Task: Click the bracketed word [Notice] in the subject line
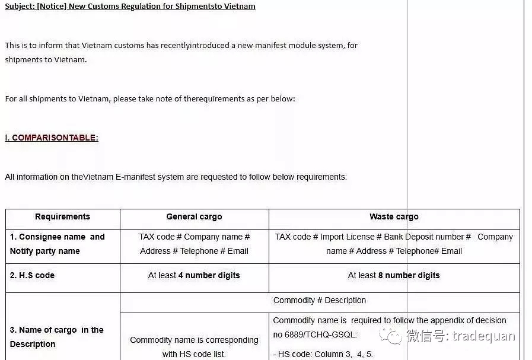click(52, 7)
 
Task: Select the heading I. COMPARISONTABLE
click(52, 138)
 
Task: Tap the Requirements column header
click(62, 217)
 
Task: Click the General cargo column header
click(194, 217)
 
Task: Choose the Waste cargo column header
click(394, 217)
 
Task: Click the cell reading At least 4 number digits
click(194, 275)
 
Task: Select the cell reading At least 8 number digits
click(394, 275)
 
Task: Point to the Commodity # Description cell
click(319, 300)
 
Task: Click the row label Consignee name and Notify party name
click(57, 244)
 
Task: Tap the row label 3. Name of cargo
click(56, 337)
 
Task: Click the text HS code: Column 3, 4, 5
click(323, 354)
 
